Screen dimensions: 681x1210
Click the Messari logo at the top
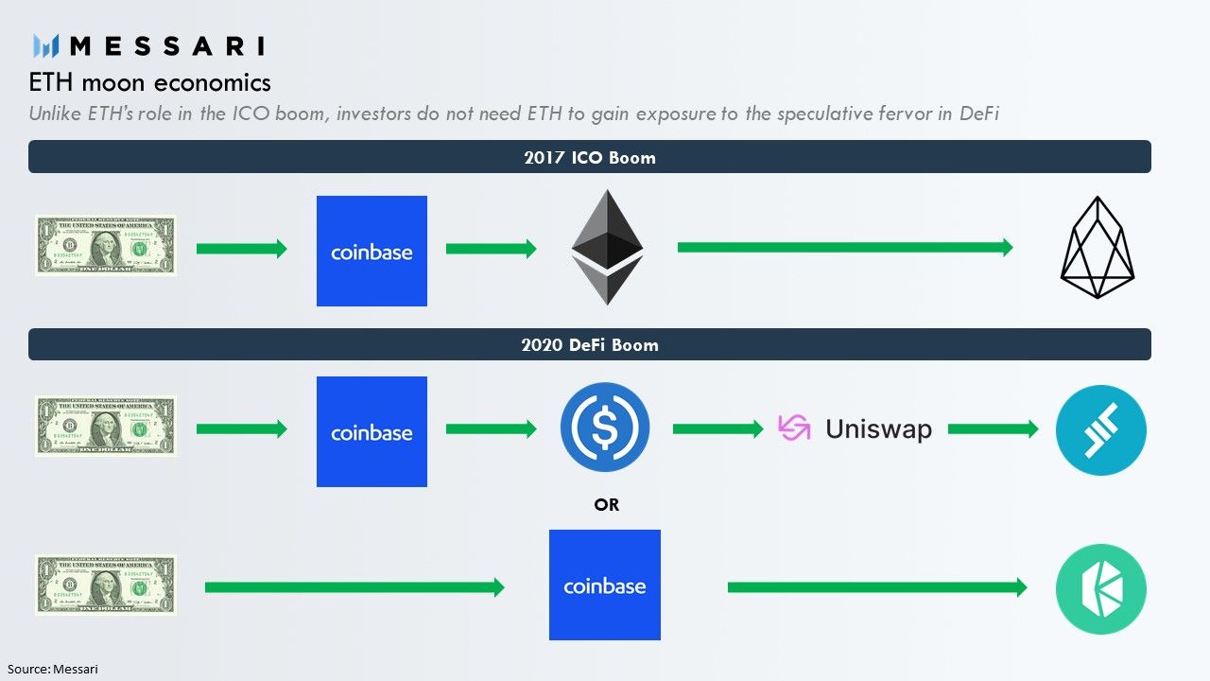[148, 45]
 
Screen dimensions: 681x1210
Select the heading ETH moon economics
[149, 83]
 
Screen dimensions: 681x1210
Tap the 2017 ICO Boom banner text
[589, 157]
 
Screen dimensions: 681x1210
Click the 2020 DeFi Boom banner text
[589, 344]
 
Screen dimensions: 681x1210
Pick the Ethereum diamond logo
[607, 248]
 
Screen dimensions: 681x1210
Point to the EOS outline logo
[1097, 248]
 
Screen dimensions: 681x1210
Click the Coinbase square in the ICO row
[372, 251]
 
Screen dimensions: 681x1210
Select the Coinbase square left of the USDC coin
[372, 431]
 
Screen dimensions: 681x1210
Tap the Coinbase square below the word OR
[605, 585]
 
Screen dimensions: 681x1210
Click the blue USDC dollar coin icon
[605, 428]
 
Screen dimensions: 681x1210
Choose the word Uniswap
[878, 429]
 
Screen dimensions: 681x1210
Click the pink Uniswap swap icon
[794, 428]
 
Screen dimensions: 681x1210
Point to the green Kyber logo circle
[1100, 588]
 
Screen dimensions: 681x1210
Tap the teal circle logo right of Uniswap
[1100, 429]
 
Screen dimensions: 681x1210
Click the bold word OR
[606, 505]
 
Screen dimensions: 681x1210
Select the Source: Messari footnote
[52, 669]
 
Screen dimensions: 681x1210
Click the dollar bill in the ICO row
[106, 246]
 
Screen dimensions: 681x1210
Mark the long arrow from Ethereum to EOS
[844, 248]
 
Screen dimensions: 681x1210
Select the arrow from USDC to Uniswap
[717, 429]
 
